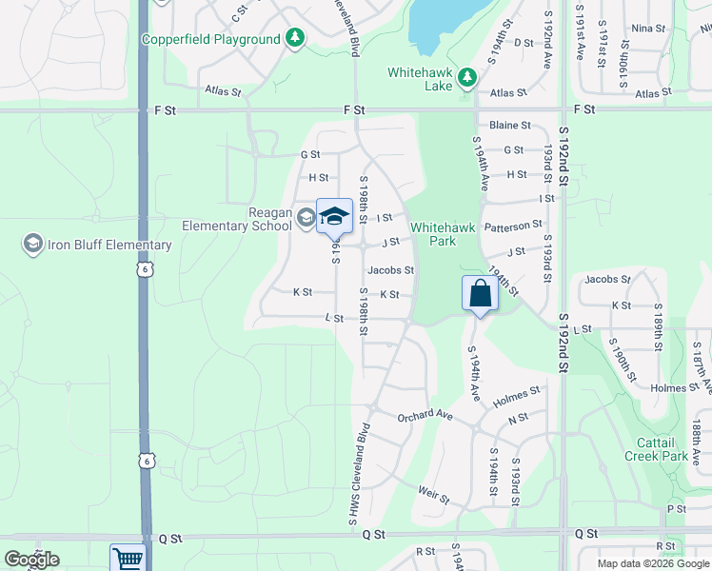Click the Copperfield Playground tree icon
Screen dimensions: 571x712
pos(296,38)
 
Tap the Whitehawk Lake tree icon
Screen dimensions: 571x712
pos(467,77)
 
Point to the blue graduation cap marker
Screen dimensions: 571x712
pos(334,216)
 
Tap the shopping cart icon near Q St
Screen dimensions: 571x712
pos(127,559)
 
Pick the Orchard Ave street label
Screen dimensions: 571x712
pos(425,415)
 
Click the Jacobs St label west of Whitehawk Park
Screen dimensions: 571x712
pos(391,270)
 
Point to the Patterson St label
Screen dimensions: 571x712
pos(513,226)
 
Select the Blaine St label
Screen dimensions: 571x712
pos(509,125)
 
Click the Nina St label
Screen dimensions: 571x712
pos(647,29)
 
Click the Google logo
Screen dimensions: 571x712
pos(31,560)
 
